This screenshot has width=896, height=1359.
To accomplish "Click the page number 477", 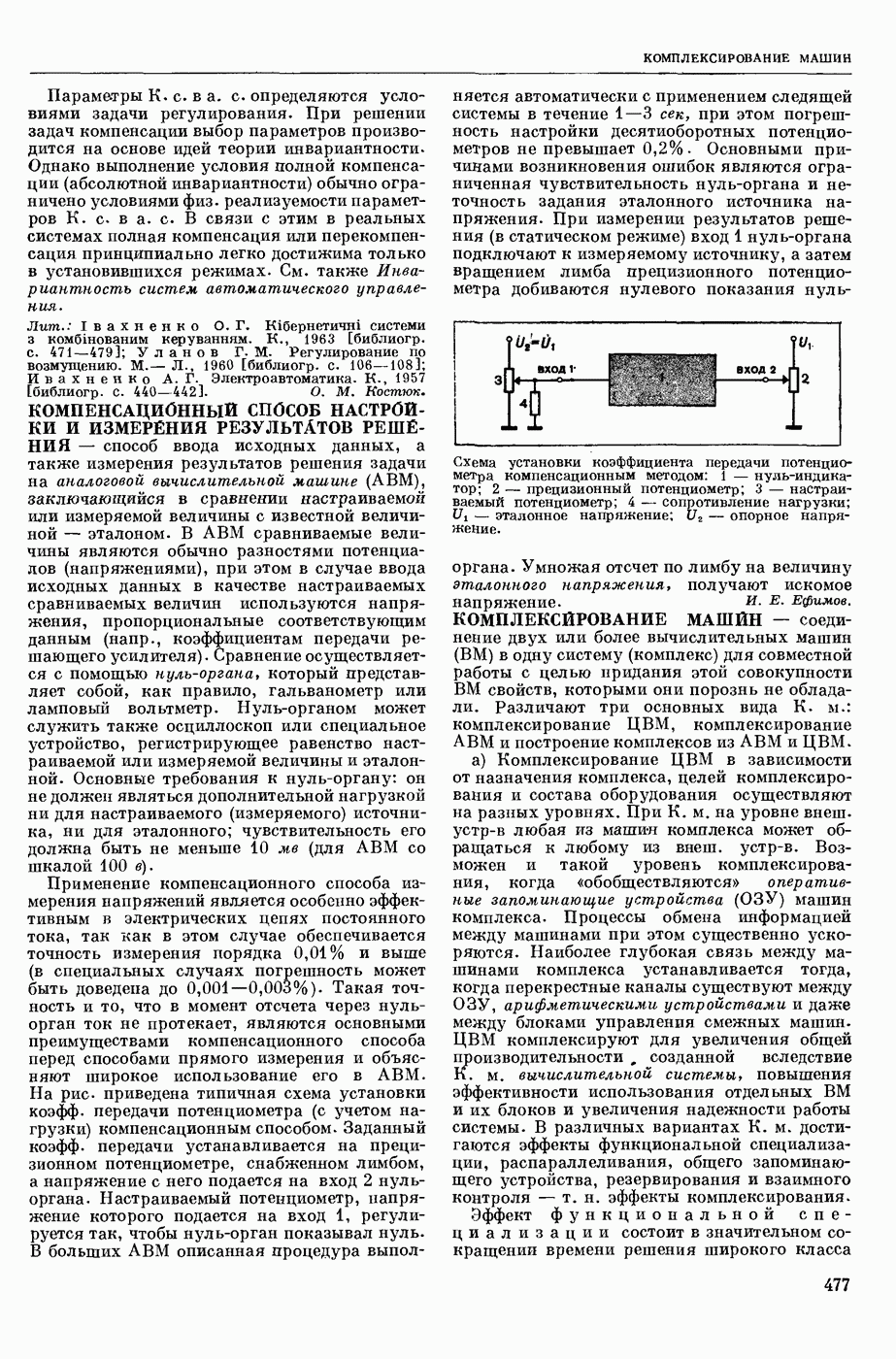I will [x=836, y=1284].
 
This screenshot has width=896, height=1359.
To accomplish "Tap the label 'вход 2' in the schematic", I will [x=756, y=369].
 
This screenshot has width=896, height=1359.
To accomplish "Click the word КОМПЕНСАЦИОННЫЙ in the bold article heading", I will [x=123, y=410].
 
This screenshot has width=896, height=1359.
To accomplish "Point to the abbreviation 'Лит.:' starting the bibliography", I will [x=47, y=324].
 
